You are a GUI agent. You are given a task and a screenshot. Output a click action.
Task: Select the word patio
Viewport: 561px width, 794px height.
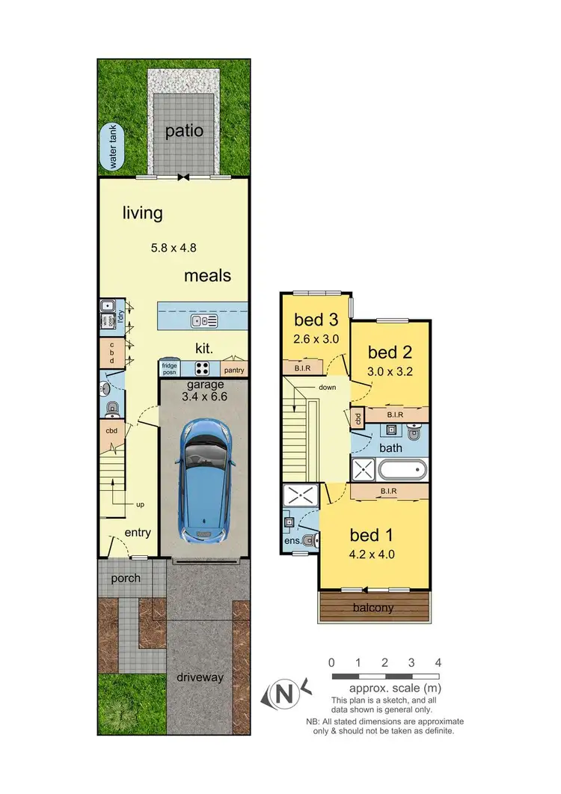[184, 130]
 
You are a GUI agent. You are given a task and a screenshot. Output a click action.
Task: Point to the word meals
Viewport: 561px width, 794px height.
[207, 275]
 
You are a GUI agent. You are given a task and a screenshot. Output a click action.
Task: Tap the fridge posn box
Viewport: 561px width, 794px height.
[169, 368]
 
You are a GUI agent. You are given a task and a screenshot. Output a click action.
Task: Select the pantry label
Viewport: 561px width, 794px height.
[233, 370]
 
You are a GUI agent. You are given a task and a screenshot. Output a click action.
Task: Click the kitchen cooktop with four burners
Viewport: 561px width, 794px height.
[203, 368]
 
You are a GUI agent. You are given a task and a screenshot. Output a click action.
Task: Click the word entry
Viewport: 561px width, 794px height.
[138, 533]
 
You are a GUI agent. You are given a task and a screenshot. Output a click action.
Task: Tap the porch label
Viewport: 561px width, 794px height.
[126, 578]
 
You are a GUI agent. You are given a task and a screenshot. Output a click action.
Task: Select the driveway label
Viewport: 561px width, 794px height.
[200, 677]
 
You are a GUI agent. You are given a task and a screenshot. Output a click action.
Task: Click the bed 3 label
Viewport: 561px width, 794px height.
[316, 320]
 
